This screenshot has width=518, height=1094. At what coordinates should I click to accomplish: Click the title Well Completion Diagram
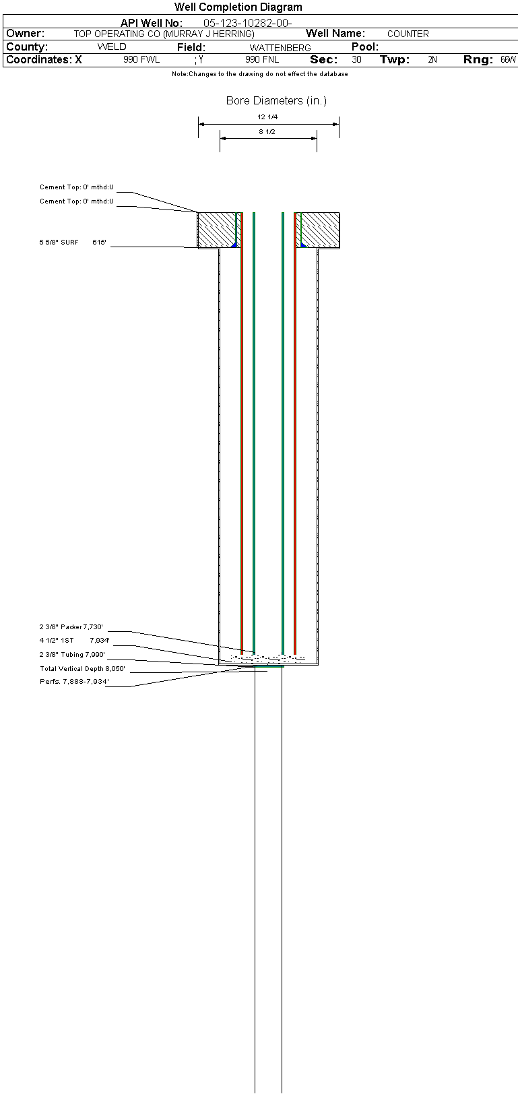pyautogui.click(x=238, y=7)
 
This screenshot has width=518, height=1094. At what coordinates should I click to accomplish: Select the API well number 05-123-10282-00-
pyautogui.click(x=247, y=23)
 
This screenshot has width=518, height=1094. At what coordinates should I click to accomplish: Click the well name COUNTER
pyautogui.click(x=408, y=34)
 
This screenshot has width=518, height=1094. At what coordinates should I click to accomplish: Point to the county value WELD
pyautogui.click(x=112, y=47)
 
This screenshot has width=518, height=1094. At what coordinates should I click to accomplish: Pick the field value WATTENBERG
pyautogui.click(x=280, y=48)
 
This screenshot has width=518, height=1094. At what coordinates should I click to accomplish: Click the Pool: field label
pyautogui.click(x=365, y=47)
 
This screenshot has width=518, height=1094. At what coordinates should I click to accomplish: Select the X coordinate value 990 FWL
pyautogui.click(x=141, y=59)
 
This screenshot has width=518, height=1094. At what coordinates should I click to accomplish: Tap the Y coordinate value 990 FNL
pyautogui.click(x=262, y=59)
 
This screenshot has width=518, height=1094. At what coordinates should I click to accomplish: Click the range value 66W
pyautogui.click(x=509, y=59)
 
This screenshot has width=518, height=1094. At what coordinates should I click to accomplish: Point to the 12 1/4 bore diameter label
pyautogui.click(x=267, y=117)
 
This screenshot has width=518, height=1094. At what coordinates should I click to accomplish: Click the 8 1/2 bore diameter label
pyautogui.click(x=267, y=132)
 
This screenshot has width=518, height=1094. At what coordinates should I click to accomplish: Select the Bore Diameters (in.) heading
pyautogui.click(x=276, y=100)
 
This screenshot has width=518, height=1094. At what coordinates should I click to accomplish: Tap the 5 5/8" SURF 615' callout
pyautogui.click(x=73, y=243)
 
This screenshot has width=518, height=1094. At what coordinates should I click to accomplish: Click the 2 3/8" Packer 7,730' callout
pyautogui.click(x=71, y=626)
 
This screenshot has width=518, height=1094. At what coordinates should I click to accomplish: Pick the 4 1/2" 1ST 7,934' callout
pyautogui.click(x=74, y=640)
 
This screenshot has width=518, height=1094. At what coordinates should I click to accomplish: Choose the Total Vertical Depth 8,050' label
pyautogui.click(x=82, y=669)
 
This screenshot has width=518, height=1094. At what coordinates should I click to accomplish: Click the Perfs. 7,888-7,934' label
pyautogui.click(x=74, y=681)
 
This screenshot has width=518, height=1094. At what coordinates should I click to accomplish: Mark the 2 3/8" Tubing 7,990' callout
pyautogui.click(x=72, y=655)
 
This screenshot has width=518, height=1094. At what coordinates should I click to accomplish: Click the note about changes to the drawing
pyautogui.click(x=260, y=73)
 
